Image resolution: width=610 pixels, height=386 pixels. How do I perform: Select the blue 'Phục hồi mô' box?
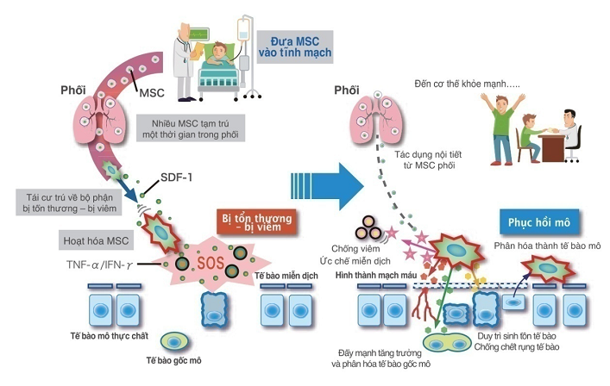pos(536,221)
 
